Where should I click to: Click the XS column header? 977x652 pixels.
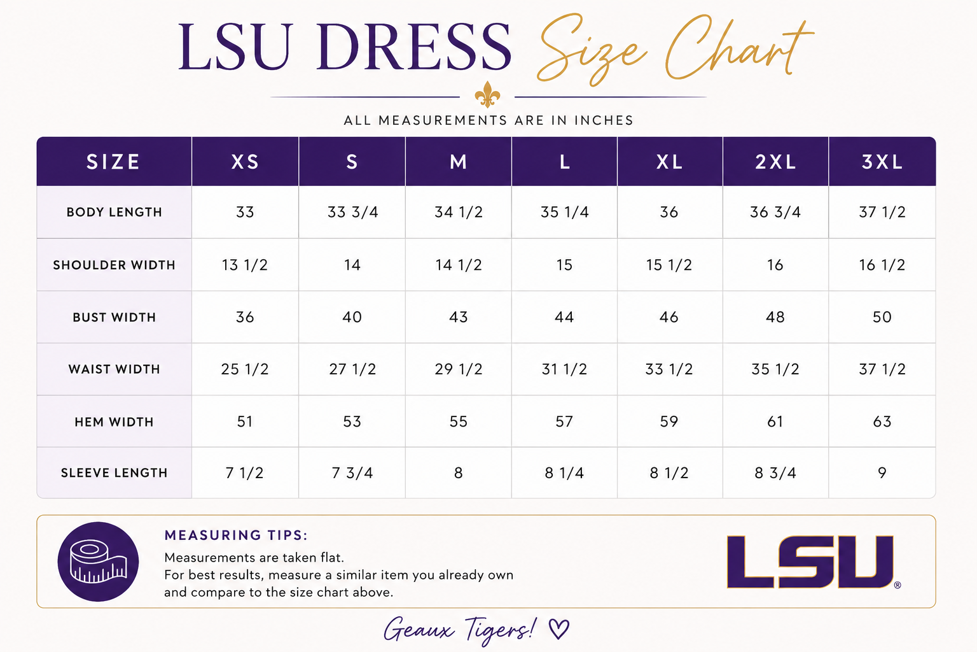[x=245, y=162]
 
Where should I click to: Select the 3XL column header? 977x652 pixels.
[x=882, y=162]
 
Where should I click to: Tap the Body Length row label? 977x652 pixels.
[x=114, y=212]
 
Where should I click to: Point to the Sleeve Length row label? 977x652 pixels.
[x=114, y=473]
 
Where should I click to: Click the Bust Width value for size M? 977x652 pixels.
[x=459, y=317]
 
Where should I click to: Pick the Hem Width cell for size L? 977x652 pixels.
[x=564, y=422]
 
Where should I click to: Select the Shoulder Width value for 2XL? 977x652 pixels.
[x=775, y=265]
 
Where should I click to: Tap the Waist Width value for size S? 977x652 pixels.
[x=352, y=369]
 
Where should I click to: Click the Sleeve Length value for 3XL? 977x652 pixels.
[x=882, y=473]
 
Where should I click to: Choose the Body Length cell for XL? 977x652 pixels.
[x=669, y=212]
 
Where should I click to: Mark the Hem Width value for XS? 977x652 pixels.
[x=245, y=422]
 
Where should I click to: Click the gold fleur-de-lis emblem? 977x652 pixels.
[x=487, y=94]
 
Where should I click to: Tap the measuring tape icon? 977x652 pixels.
[x=98, y=562]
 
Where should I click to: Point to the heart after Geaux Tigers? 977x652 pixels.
[x=558, y=629]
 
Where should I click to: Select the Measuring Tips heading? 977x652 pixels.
[x=236, y=535]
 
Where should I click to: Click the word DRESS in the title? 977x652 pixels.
[x=413, y=47]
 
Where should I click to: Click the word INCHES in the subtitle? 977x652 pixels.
[x=604, y=120]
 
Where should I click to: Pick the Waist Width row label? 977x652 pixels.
[x=114, y=369]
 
